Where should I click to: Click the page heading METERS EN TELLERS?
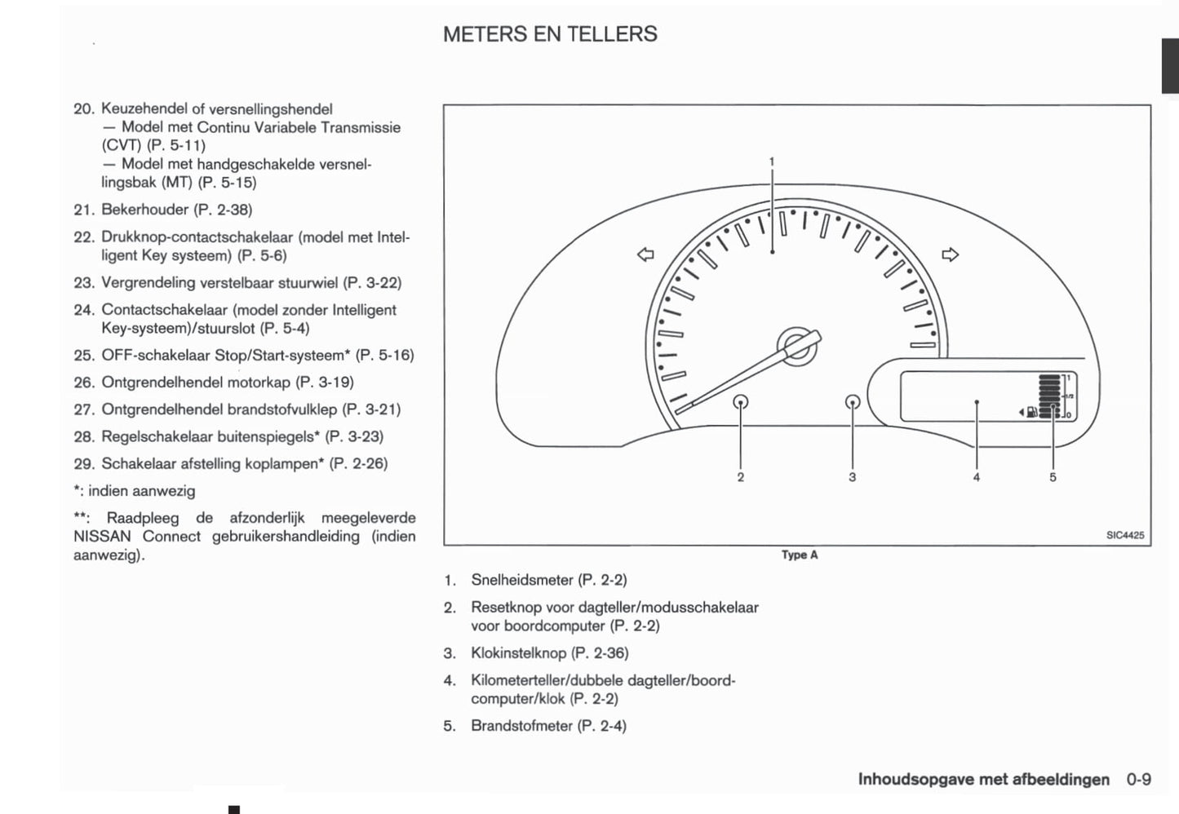click(x=550, y=34)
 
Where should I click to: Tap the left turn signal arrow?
click(x=645, y=255)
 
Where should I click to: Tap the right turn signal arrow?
click(x=950, y=254)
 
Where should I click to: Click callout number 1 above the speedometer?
click(x=772, y=161)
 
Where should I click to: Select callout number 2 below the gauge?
click(x=740, y=477)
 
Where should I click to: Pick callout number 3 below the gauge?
click(x=852, y=477)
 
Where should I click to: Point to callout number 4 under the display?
click(x=976, y=477)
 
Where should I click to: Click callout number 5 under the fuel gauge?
click(x=1053, y=477)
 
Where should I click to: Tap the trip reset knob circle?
click(x=741, y=401)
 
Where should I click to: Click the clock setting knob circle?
click(x=853, y=401)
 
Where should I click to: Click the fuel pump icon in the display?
click(x=1032, y=412)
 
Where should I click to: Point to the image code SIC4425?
click(x=1125, y=535)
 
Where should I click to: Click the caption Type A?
click(x=799, y=555)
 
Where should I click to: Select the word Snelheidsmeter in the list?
click(x=522, y=581)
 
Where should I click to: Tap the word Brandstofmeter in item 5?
click(x=521, y=726)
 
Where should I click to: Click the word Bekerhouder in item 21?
click(x=145, y=210)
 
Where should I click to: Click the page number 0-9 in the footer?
click(x=1138, y=780)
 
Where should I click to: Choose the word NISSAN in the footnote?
click(x=103, y=537)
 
